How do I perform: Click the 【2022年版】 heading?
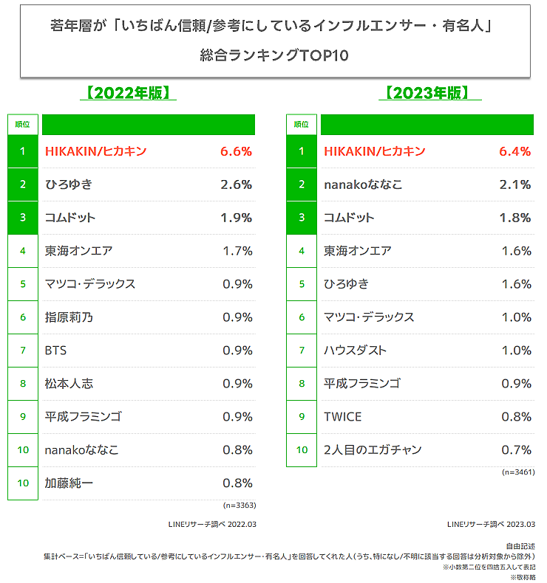coord(127,93)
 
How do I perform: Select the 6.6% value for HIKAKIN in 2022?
coord(236,151)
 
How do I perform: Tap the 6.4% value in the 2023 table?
coord(515,151)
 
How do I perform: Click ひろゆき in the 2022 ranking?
coord(68,184)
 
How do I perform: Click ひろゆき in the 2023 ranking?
coord(346,284)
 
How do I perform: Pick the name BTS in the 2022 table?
coord(56,351)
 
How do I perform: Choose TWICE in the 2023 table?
coord(343,417)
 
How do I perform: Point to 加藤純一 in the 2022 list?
coord(69,483)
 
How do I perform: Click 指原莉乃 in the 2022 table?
coord(69,317)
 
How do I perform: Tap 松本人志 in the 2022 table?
coord(69,384)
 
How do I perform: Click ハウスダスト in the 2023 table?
coord(355,351)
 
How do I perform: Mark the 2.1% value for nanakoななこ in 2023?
coord(515,184)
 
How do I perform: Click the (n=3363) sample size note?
coord(239,506)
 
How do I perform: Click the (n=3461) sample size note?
coord(518,472)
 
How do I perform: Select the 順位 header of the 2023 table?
coord(302,124)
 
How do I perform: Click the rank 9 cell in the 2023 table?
coord(302,417)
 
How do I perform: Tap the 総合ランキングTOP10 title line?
coord(274,55)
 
